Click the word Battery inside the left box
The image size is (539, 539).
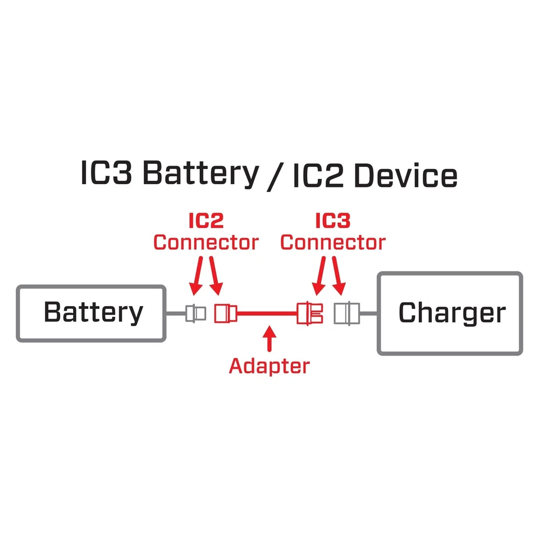(x=93, y=312)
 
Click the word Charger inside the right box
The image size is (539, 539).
(x=452, y=313)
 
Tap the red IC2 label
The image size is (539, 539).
(x=205, y=221)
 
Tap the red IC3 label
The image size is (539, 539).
(x=333, y=221)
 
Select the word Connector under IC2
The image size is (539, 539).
(x=205, y=243)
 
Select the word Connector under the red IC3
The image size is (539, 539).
(x=333, y=243)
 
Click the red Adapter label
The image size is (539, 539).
(x=269, y=366)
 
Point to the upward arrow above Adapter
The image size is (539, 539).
(x=269, y=340)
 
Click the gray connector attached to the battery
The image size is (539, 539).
(x=195, y=313)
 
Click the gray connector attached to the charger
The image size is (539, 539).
(x=345, y=313)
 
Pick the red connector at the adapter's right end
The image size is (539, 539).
(x=311, y=313)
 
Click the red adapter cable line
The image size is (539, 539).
(x=267, y=313)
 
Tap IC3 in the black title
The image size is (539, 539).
(x=107, y=175)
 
